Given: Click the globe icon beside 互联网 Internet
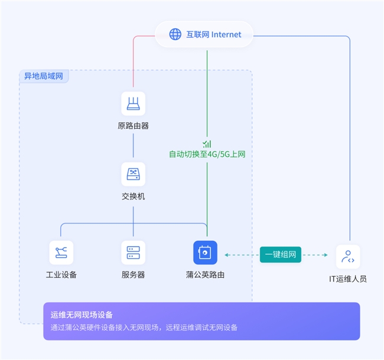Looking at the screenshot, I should [x=175, y=34].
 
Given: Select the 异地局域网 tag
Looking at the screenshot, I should [x=44, y=76].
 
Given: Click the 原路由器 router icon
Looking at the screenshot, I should [x=133, y=103].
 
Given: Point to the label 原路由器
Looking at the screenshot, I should [x=133, y=125].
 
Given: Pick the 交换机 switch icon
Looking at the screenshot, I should [x=133, y=174].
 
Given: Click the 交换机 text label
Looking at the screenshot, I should [x=133, y=196].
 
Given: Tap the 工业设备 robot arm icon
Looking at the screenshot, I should [x=61, y=253].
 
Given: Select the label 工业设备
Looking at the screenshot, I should [x=61, y=274].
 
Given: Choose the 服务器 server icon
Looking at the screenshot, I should [x=133, y=253].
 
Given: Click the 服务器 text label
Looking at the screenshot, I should [x=133, y=274].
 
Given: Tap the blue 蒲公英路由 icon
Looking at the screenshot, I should [x=205, y=253].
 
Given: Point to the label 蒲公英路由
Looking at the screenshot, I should [x=205, y=274].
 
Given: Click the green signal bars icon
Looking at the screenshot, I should [x=207, y=143].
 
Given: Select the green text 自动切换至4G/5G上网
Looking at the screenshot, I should [x=207, y=155].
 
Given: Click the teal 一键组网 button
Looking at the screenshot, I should [x=281, y=254].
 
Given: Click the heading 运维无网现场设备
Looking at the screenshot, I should [x=82, y=315].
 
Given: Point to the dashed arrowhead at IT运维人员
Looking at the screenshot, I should [x=326, y=255].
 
